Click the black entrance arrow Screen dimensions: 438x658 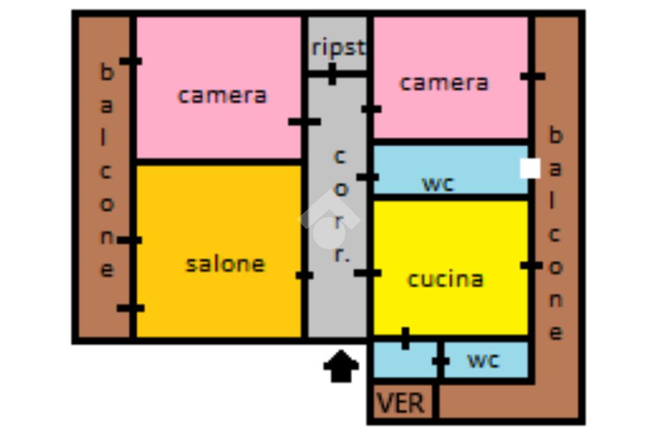[x=341, y=368]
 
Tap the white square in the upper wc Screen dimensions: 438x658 [x=529, y=168]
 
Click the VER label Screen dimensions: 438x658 [x=401, y=404]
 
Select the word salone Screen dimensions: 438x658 [x=225, y=264]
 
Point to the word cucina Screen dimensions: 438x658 [x=445, y=279]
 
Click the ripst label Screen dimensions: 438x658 [x=338, y=48]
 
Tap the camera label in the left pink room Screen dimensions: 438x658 [x=222, y=96]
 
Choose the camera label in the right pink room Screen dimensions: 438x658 [x=444, y=83]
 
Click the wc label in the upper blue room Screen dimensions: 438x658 [x=438, y=184]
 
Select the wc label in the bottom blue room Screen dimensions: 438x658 [x=483, y=360]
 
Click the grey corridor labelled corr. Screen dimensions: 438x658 [x=338, y=206]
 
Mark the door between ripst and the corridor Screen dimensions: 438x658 [x=332, y=74]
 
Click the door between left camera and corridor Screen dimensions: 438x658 [x=304, y=121]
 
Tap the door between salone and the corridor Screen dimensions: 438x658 [x=305, y=275]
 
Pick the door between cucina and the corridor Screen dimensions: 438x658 [x=368, y=273]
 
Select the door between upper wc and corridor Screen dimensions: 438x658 [x=368, y=177]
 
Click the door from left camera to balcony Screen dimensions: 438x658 [x=131, y=61]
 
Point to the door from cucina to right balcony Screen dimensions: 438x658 [x=531, y=265]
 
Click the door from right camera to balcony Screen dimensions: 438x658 [x=533, y=76]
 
